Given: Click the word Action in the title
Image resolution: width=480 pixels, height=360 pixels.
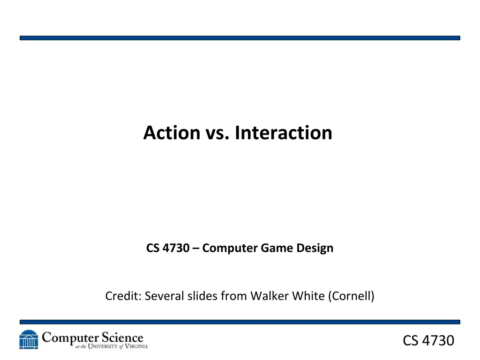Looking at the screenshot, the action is click(x=172, y=133).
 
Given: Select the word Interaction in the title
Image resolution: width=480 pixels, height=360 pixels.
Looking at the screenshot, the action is click(x=284, y=133).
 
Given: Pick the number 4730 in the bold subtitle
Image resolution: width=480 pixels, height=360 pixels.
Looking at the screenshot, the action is click(x=176, y=248).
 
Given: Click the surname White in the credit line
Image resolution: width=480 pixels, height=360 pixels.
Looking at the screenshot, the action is click(x=308, y=296).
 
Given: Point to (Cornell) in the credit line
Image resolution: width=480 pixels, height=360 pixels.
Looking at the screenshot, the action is click(x=351, y=296).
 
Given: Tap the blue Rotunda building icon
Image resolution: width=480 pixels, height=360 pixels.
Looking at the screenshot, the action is click(x=29, y=339).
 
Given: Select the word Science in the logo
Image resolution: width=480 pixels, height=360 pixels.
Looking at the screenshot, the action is click(x=122, y=337).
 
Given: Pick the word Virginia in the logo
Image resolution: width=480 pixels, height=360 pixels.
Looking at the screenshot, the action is click(x=136, y=346).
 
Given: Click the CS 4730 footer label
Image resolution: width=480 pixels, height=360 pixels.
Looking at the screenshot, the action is click(x=428, y=341).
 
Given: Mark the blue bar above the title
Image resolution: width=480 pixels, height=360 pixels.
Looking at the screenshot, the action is click(x=240, y=38).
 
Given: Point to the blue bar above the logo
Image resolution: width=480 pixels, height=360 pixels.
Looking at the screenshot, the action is click(x=240, y=322).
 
